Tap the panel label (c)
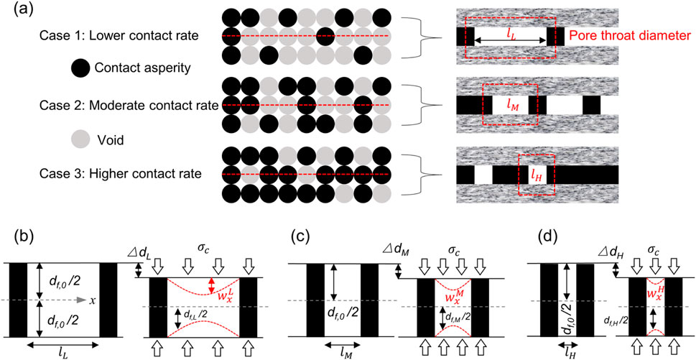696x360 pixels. point(301,234)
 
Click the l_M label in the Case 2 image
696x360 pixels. point(511,105)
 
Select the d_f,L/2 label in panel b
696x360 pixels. point(198,314)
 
